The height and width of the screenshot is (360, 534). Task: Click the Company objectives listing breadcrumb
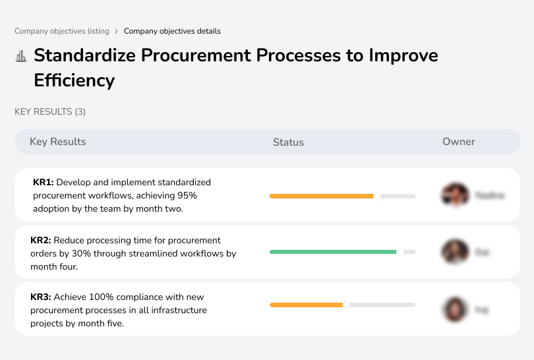[62, 31]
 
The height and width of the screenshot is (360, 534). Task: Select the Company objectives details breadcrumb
[172, 31]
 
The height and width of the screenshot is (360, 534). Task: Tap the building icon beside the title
[21, 56]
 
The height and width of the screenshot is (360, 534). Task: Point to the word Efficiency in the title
[74, 80]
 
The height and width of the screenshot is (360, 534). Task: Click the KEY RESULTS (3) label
[50, 112]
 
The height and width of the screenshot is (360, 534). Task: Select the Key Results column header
[58, 142]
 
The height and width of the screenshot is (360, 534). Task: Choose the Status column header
[288, 142]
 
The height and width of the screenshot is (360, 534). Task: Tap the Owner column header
[459, 142]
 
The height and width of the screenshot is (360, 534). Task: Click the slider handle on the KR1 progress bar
[377, 196]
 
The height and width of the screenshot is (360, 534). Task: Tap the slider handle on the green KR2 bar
[400, 252]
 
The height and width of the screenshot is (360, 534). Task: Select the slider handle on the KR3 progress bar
[346, 305]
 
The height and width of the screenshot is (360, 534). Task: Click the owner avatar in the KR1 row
[455, 195]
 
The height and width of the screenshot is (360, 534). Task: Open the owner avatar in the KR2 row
[455, 252]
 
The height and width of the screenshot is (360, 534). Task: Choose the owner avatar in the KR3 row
[455, 309]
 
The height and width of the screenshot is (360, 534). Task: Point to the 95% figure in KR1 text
[187, 195]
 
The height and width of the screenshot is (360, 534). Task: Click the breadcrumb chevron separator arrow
[117, 31]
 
